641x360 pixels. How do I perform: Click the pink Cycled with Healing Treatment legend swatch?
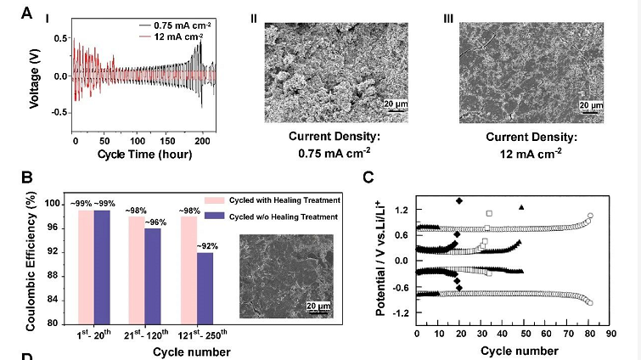tap(218, 200)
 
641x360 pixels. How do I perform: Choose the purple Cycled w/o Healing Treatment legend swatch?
tap(218, 217)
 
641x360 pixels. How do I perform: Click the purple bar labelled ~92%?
tap(205, 288)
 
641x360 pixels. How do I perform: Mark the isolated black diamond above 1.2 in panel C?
tap(459, 201)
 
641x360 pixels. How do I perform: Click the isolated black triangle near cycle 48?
tap(521, 206)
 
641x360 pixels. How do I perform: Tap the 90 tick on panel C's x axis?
tap(610, 335)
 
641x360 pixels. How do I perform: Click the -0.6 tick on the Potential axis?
tap(399, 287)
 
